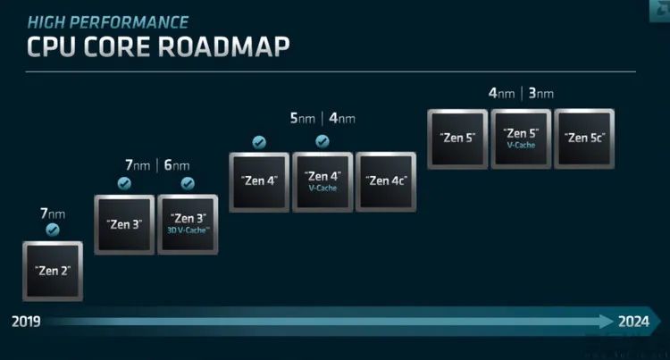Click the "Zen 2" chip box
[x=53, y=272]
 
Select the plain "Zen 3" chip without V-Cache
[x=124, y=224]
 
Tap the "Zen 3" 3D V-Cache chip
[x=188, y=224]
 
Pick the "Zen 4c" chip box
[x=386, y=181]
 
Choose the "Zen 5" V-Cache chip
[x=521, y=138]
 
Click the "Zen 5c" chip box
[x=584, y=138]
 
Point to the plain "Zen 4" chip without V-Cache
[x=259, y=182]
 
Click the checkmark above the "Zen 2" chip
[x=53, y=230]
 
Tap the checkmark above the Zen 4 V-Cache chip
[x=322, y=141]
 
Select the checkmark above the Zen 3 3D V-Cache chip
[x=188, y=184]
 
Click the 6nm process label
[x=177, y=165]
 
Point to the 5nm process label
[x=303, y=118]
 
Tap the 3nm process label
[x=541, y=93]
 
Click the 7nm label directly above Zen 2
[x=53, y=213]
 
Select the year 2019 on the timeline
[x=26, y=322]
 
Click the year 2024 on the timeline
[x=633, y=322]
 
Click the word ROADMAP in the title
[x=224, y=46]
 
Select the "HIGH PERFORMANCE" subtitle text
[x=108, y=22]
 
